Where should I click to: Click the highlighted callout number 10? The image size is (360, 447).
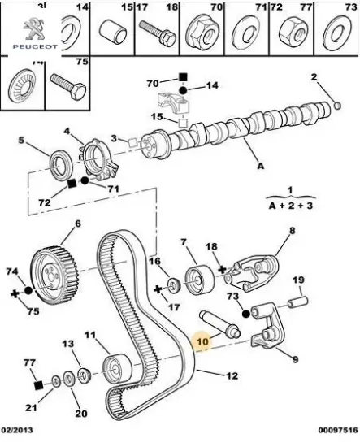[203, 341]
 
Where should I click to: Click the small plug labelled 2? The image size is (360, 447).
[337, 106]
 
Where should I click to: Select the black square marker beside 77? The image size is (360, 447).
[38, 385]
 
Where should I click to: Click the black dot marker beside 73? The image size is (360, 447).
[245, 314]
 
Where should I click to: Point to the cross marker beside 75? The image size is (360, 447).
[15, 293]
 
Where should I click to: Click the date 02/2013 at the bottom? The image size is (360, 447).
[17, 430]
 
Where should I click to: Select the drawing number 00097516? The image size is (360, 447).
[338, 430]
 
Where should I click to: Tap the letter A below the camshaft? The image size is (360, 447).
[261, 165]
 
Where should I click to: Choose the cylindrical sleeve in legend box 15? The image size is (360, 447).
[113, 32]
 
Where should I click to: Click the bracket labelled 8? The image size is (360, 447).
[251, 273]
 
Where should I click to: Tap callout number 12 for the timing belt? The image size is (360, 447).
[232, 376]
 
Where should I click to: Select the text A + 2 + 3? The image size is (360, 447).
[290, 206]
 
